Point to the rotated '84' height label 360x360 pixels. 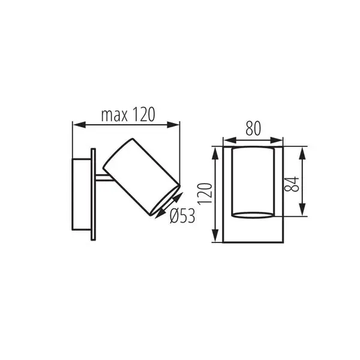(x=290, y=183)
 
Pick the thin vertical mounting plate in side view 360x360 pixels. (x=93, y=194)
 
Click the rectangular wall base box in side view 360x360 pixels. (x=81, y=194)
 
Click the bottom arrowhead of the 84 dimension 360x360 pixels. (x=303, y=215)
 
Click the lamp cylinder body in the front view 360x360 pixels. (x=253, y=180)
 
